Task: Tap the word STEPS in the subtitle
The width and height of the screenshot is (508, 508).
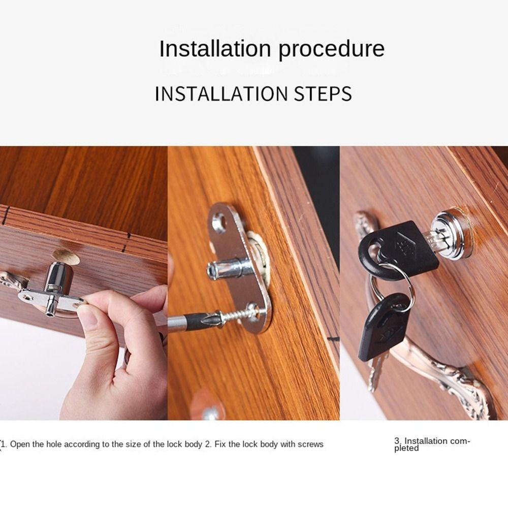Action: [x=323, y=94]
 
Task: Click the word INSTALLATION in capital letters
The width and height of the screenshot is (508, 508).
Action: [x=221, y=94]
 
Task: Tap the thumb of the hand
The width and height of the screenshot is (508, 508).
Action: [x=104, y=315]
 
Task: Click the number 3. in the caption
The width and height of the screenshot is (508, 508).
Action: [x=398, y=441]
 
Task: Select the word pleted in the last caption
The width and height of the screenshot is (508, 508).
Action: [x=406, y=449]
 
